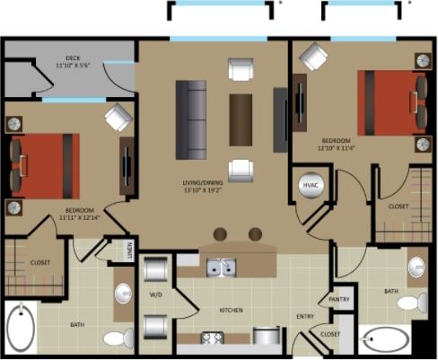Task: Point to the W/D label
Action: click(x=154, y=294)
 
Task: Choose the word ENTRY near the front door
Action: click(x=305, y=316)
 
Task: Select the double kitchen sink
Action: click(x=221, y=267)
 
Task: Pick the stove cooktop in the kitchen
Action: click(x=214, y=338)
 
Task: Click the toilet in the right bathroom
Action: click(x=414, y=302)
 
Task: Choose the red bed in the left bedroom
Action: click(x=45, y=166)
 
